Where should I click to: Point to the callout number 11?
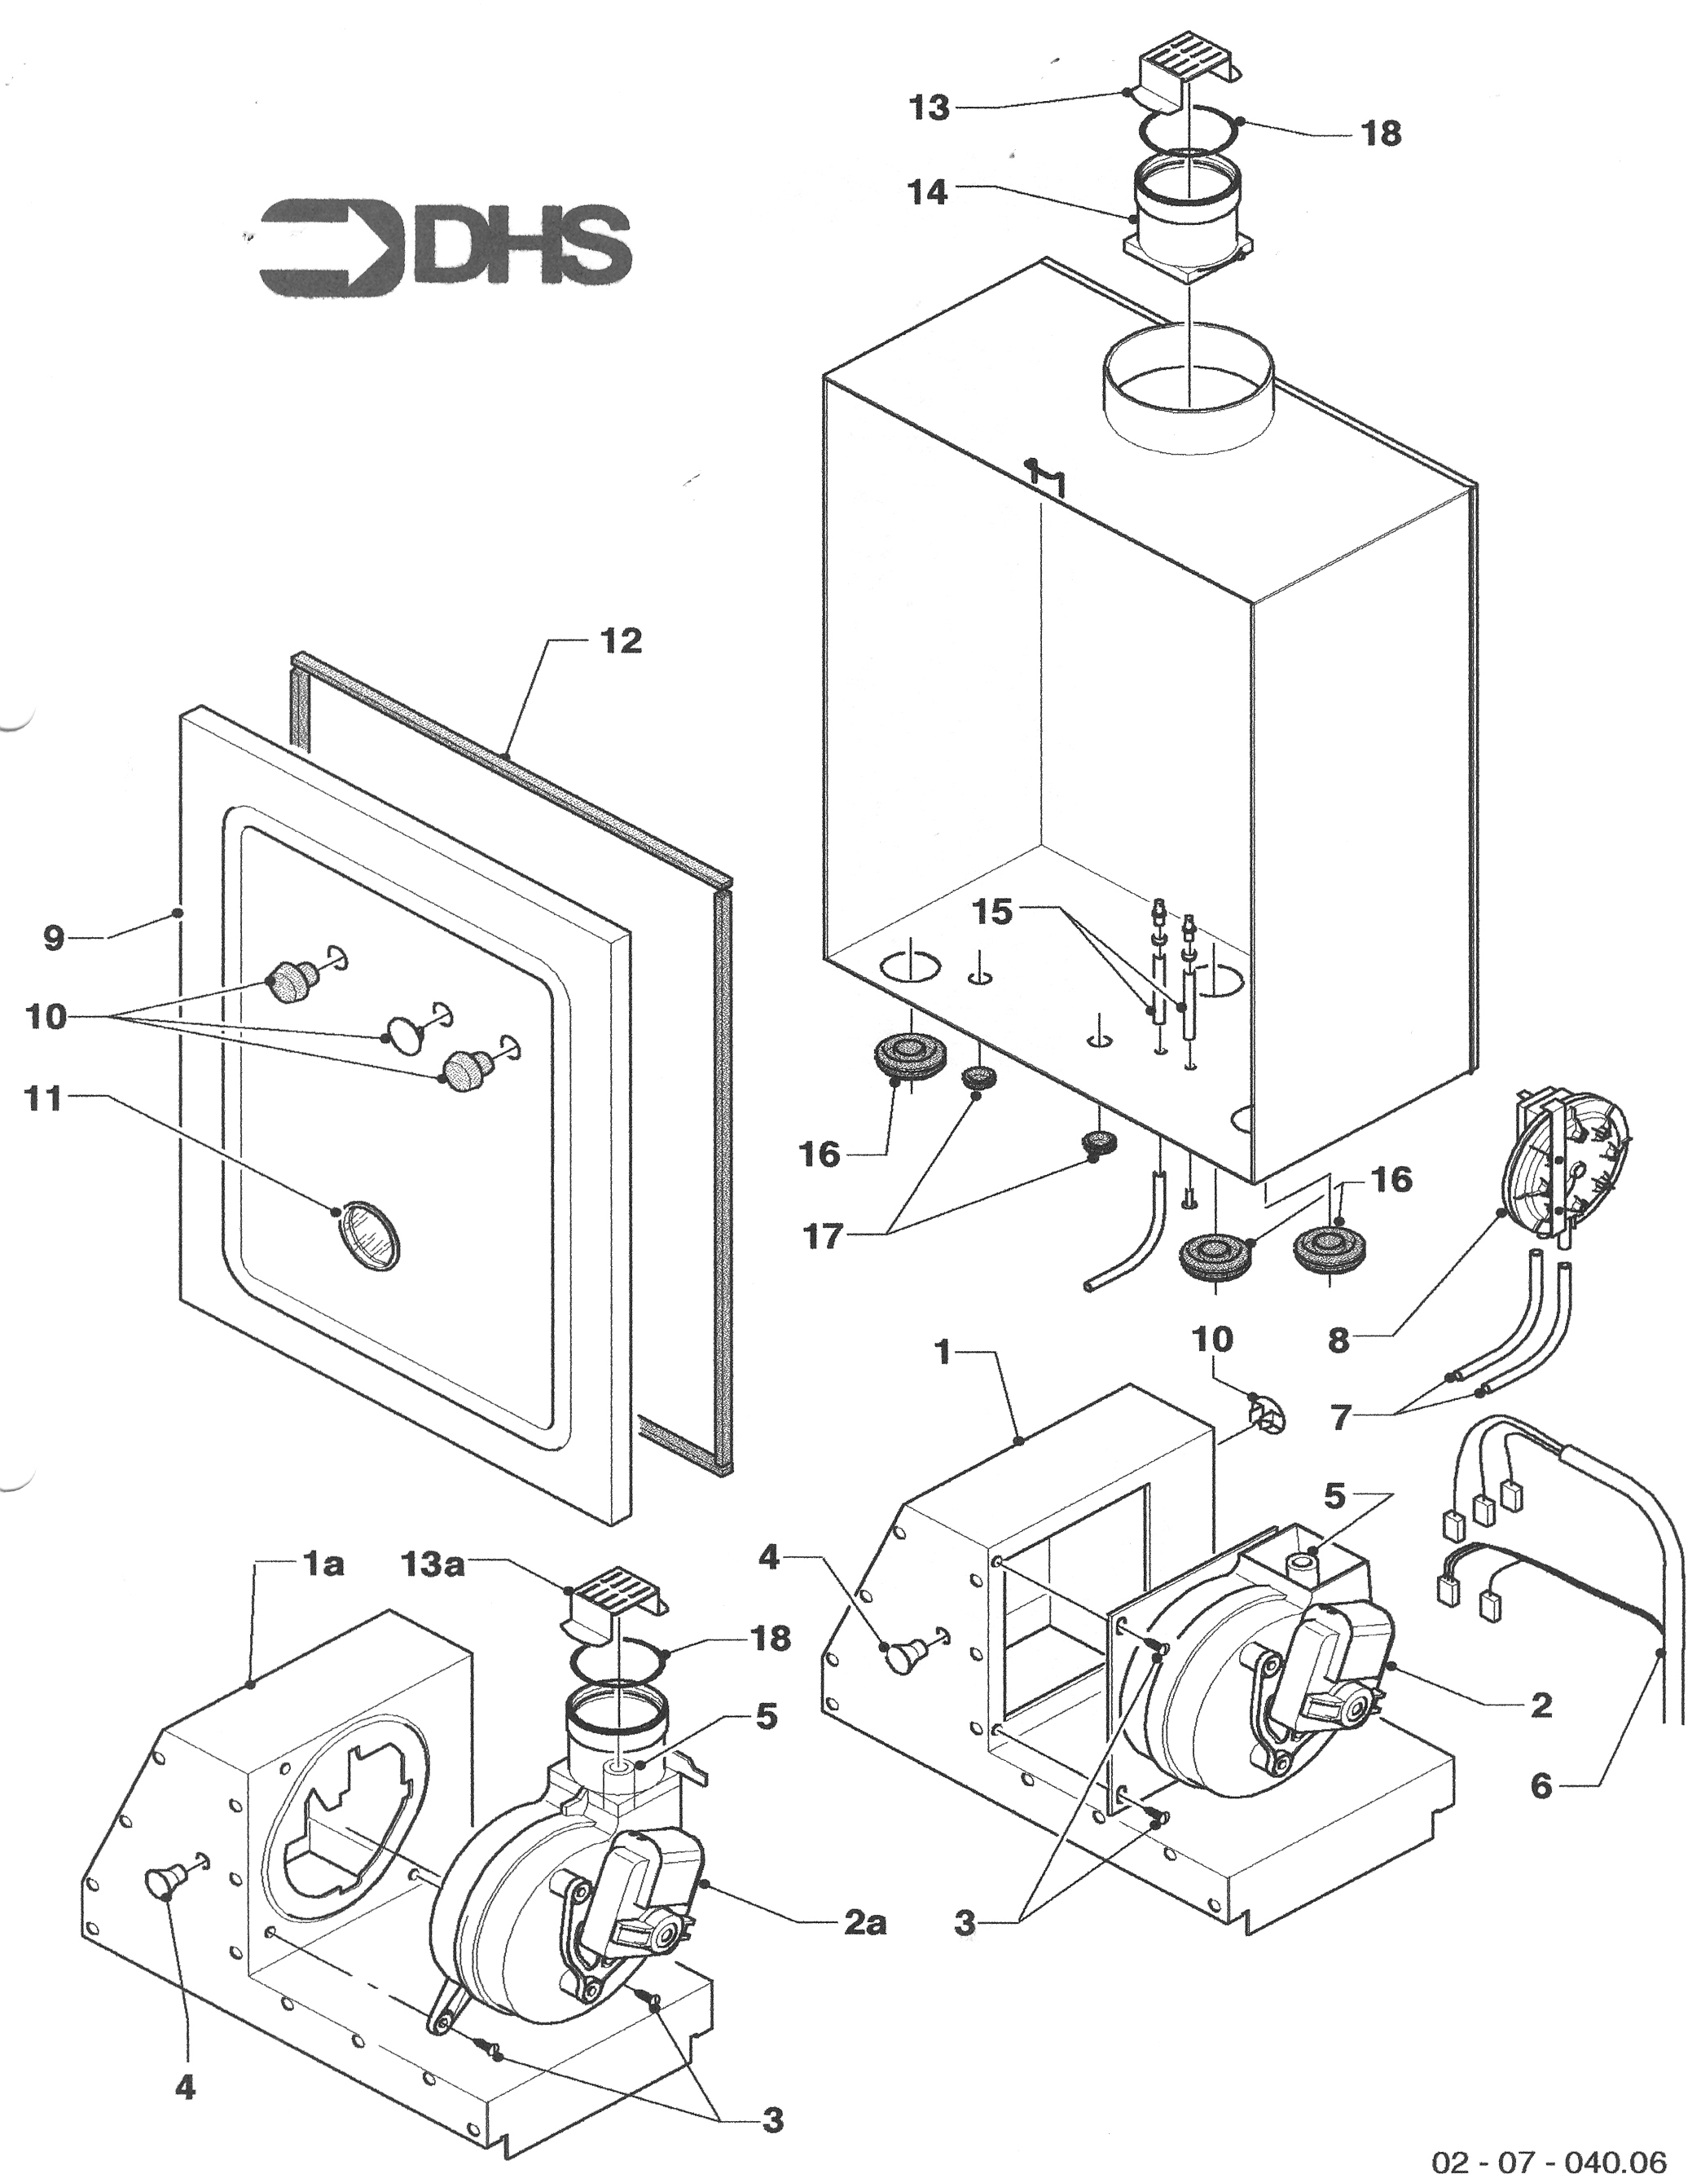[46, 1099]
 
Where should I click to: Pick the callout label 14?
[927, 192]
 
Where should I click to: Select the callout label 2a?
[864, 1923]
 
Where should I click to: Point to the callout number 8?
[1338, 1340]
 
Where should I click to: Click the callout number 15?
[992, 911]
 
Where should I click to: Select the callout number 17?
[824, 1238]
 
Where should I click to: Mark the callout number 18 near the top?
[1380, 133]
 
